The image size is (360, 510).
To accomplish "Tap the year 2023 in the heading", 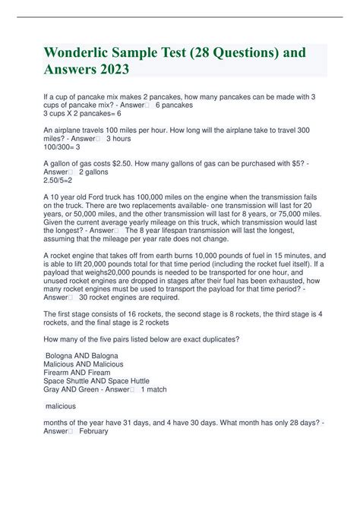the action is [112, 71].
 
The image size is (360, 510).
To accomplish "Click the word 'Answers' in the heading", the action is [72, 71].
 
